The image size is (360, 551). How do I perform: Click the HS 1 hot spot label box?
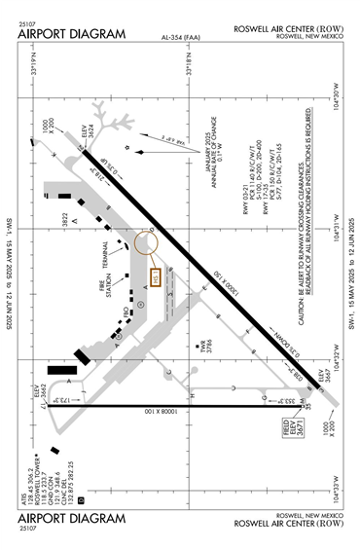coord(157,279)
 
